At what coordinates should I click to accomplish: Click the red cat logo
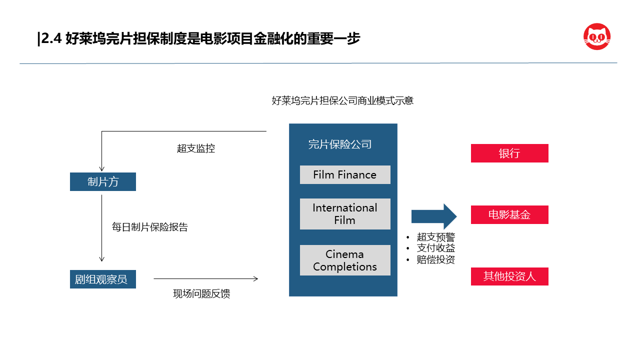597,37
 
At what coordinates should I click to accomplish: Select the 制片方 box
103,181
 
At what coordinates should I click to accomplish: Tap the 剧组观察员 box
103,279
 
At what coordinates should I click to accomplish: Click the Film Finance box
345,174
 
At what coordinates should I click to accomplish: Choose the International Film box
345,214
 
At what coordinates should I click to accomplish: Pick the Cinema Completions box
345,260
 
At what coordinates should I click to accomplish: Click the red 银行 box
509,153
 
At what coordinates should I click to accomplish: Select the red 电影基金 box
509,214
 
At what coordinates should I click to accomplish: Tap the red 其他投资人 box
509,276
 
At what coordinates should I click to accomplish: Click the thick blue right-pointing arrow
433,216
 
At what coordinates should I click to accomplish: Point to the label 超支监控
195,148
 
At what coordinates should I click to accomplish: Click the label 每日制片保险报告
149,227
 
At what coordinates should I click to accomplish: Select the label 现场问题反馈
201,293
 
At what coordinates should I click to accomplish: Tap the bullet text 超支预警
435,237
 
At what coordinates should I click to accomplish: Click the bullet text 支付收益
435,248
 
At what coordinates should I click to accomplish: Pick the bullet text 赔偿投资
435,259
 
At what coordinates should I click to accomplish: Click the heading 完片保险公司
339,144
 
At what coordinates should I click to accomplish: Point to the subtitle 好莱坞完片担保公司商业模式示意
342,100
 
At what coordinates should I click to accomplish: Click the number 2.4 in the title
51,38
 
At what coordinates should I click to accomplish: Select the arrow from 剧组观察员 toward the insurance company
205,278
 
